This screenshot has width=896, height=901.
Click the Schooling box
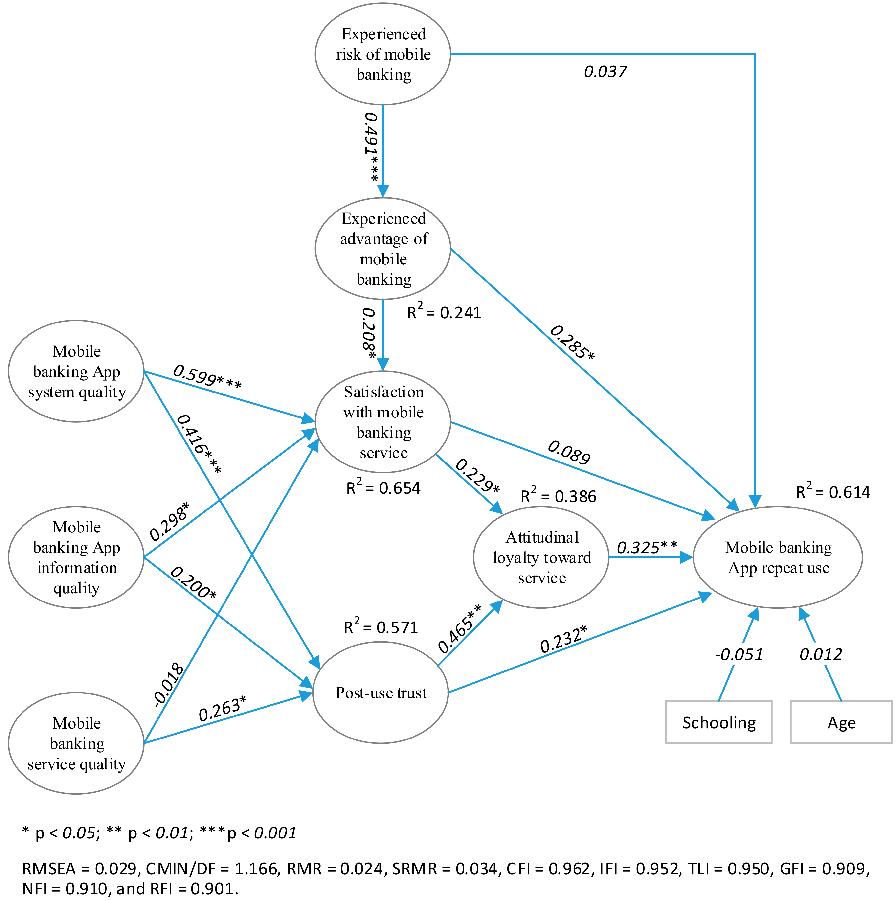point(718,722)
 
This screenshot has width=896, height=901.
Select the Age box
point(841,722)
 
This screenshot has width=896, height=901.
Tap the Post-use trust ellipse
point(381,693)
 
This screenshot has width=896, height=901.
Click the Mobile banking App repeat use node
point(778,557)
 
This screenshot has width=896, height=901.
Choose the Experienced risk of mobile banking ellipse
point(383,54)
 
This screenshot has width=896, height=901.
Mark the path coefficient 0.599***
point(207,377)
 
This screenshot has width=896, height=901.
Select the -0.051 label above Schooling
point(739,655)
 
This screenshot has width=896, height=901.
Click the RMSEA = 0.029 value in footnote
point(79,868)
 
